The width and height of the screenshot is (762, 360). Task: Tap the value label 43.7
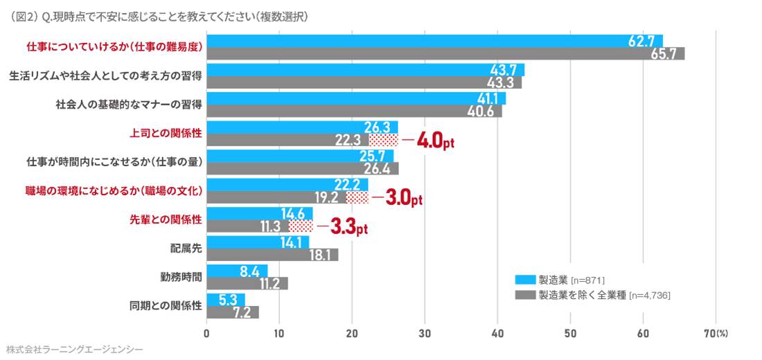(504, 70)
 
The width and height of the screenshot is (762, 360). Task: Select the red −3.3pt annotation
(342, 227)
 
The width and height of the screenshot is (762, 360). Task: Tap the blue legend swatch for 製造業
(526, 280)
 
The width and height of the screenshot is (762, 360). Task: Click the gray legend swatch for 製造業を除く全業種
(526, 295)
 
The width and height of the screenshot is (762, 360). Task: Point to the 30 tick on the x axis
(425, 333)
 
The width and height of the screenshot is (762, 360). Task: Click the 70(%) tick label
(716, 333)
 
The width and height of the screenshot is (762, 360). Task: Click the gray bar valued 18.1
(272, 255)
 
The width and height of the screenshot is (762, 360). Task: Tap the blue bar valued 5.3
(226, 299)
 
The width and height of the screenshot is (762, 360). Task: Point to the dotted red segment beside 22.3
(383, 140)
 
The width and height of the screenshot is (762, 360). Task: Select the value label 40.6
(480, 111)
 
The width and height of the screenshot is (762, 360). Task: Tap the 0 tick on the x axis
(207, 333)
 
